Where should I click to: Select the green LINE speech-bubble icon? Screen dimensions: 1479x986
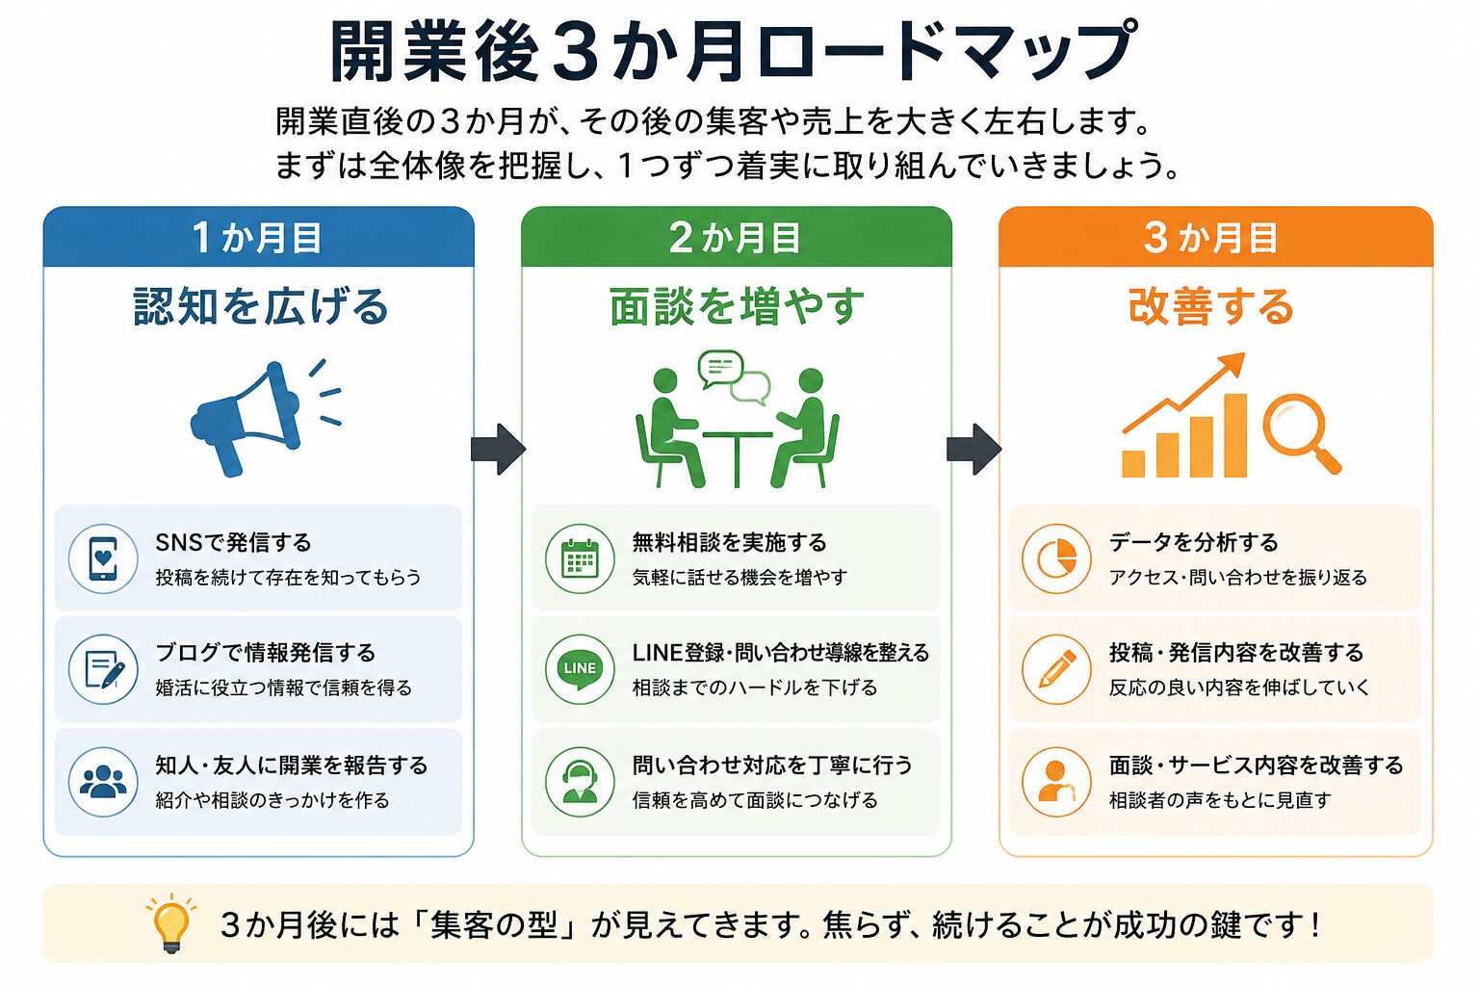[x=580, y=669]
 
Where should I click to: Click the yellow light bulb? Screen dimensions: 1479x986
[x=171, y=922]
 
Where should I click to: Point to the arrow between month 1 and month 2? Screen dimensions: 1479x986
[x=498, y=449]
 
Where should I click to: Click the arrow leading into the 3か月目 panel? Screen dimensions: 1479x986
[x=973, y=449]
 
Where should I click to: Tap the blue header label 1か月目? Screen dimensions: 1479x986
[x=257, y=238]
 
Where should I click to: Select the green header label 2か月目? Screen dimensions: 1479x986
[x=735, y=238]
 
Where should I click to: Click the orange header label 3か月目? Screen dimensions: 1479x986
[x=1211, y=238]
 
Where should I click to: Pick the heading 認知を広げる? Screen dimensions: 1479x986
[x=261, y=307]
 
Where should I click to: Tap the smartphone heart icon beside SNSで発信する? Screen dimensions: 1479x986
[x=103, y=558]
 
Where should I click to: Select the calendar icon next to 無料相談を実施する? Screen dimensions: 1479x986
[x=580, y=558]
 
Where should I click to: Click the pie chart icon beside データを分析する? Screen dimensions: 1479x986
[x=1056, y=558]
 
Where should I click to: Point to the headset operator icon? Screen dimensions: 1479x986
[x=580, y=782]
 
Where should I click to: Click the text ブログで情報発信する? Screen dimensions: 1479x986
[x=266, y=653]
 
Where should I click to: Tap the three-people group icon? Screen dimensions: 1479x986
[x=103, y=781]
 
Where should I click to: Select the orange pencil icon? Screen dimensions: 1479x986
[x=1057, y=669]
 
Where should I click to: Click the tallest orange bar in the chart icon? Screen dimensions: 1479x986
[x=1235, y=435]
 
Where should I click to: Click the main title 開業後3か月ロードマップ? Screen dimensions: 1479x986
[x=734, y=52]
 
